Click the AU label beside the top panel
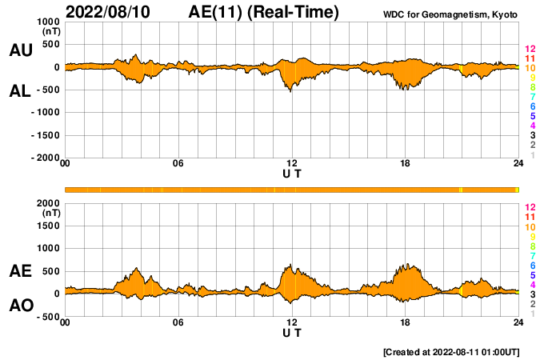(20, 50)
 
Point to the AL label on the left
(20, 91)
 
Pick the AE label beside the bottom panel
(20, 272)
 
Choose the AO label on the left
(20, 306)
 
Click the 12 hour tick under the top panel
(292, 164)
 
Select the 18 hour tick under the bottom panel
(406, 323)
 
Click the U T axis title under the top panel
(292, 174)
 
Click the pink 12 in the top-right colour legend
(530, 50)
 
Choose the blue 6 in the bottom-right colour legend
(530, 265)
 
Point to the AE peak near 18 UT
(407, 264)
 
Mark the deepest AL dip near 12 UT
(290, 91)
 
